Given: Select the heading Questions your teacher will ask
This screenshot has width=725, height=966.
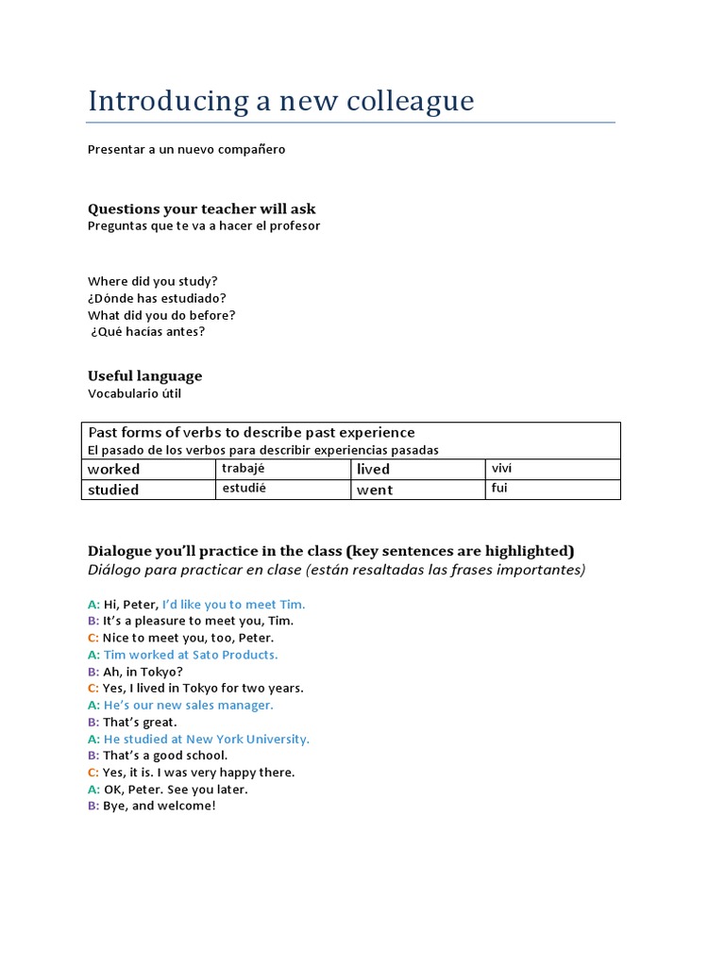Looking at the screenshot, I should click(202, 208).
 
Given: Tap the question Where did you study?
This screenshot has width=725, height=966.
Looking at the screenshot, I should click(153, 281).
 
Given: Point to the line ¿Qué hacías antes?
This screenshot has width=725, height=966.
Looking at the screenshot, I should click(147, 332).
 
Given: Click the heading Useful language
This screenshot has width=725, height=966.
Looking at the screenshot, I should click(144, 375).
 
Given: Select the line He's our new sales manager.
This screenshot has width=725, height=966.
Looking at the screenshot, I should click(188, 705).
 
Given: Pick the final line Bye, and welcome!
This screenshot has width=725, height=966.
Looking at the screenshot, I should click(159, 807).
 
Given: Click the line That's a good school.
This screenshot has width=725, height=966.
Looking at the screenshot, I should click(164, 756).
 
